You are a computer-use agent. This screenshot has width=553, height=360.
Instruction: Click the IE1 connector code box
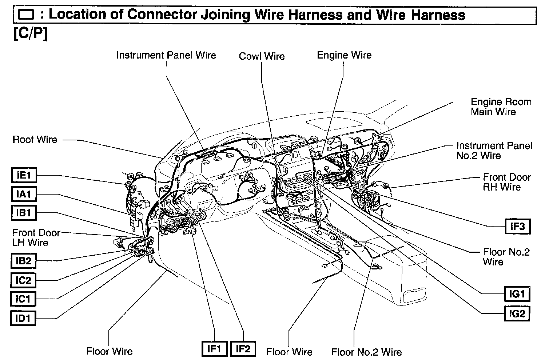click(24, 175)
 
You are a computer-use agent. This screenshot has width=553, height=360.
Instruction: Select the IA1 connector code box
click(24, 194)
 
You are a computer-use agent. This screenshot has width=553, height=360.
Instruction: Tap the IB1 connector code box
click(24, 212)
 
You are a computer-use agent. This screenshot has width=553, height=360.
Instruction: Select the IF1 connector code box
click(214, 349)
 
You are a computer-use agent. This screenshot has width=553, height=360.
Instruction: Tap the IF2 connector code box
click(243, 349)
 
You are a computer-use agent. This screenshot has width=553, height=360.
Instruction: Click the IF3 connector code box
click(517, 226)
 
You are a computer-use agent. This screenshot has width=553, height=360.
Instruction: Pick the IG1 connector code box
click(517, 294)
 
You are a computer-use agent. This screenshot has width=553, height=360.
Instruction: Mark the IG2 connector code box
click(517, 313)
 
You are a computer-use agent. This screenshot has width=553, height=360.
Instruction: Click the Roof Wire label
click(35, 140)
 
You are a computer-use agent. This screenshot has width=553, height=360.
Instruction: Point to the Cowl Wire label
click(262, 56)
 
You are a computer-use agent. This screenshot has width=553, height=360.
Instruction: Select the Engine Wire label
click(344, 55)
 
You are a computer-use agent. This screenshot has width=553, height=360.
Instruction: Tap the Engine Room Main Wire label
click(501, 107)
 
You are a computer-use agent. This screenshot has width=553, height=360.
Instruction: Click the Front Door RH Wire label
click(506, 182)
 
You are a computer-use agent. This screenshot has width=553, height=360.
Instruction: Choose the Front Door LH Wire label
click(36, 237)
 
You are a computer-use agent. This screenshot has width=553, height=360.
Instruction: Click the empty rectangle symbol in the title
click(26, 15)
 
